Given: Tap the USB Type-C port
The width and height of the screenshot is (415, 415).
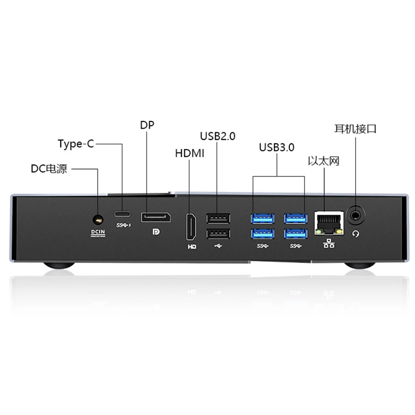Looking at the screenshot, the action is [123, 214].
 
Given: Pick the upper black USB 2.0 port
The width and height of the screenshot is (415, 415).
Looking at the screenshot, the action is [217, 218].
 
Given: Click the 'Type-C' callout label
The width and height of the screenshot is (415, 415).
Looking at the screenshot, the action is [76, 144].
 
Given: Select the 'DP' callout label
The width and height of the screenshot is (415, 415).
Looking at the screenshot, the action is [147, 125].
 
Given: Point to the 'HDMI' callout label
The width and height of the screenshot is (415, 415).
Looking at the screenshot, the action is [190, 154].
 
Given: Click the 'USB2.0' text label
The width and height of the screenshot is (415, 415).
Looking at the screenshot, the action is [217, 136].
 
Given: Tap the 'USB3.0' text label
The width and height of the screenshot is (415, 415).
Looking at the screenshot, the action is [276, 147].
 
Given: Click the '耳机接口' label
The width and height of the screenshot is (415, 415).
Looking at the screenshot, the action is [355, 129].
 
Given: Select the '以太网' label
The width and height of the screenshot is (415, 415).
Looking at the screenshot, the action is [323, 162].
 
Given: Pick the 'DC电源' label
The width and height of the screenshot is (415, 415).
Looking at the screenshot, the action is [48, 169].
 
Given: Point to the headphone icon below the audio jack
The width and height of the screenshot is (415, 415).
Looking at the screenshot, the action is [356, 234].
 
